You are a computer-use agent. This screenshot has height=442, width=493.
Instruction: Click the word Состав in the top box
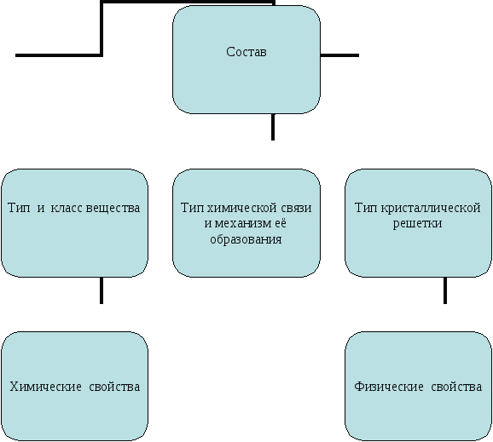[246, 52]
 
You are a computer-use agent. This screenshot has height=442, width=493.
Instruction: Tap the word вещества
[113, 208]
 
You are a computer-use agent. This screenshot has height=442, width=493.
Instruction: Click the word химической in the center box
[238, 208]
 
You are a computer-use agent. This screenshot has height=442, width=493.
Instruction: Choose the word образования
[246, 239]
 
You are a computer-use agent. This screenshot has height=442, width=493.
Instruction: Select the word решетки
[418, 223]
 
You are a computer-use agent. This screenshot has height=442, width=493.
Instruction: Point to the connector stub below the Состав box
[273, 127]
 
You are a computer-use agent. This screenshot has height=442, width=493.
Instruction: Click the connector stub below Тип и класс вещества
[101, 290]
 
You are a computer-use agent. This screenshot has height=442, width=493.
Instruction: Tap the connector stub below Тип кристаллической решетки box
[445, 290]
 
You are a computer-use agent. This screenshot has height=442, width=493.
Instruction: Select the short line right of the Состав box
[339, 55]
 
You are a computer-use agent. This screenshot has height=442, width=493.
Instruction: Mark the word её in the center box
[281, 223]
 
